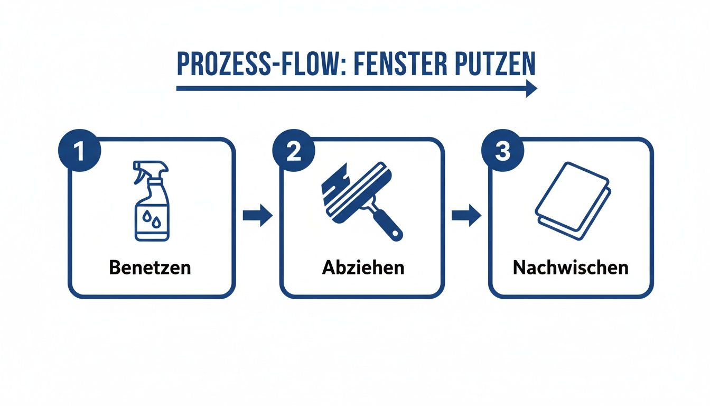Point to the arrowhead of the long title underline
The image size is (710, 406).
[530, 89]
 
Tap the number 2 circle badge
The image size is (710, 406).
[293, 151]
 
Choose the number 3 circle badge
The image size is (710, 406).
[502, 151]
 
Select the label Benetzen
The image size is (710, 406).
[150, 267]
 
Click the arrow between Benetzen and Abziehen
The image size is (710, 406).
[257, 216]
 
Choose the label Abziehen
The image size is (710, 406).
[363, 267]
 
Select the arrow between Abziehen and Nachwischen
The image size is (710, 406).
[466, 216]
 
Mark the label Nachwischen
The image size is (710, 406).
[571, 267]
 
